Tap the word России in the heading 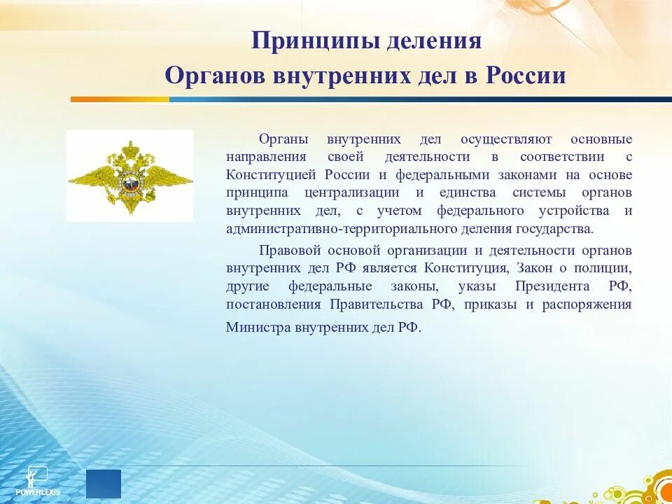point(525,76)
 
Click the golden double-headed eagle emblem point(129,176)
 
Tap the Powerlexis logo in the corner point(43,480)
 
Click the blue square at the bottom point(104,484)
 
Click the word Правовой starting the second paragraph point(288,250)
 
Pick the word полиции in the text point(610,268)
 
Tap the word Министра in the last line point(258,327)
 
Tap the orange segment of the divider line point(119,99)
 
